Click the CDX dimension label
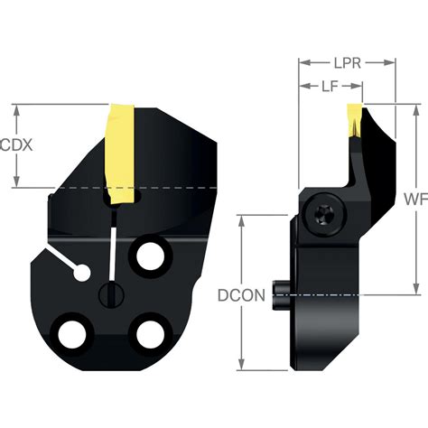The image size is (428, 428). point(17,145)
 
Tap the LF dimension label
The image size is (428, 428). point(330,87)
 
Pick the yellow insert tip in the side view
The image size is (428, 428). point(356,122)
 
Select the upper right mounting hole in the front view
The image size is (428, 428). point(147,257)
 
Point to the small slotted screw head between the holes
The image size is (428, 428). point(110,293)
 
